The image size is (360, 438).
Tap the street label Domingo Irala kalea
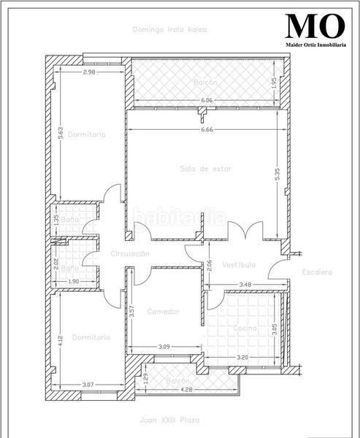[169, 30]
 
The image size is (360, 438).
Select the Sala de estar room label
[206, 169]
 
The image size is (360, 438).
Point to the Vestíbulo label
[238, 264]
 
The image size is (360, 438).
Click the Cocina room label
[245, 329]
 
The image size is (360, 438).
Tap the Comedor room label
[163, 312]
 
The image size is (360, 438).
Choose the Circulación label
[130, 253]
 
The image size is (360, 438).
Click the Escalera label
[317, 272]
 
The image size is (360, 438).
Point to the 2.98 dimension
[89, 72]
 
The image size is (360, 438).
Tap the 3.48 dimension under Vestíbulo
[245, 284]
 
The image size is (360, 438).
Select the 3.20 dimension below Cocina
[242, 358]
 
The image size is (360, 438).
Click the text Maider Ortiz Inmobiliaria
[315, 45]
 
